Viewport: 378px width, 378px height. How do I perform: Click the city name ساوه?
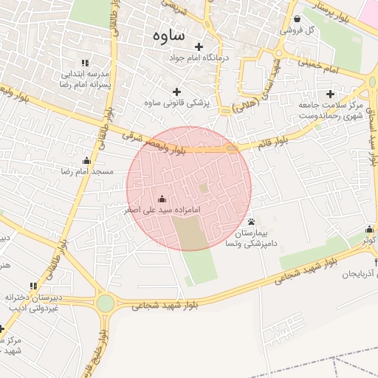pyautogui.click(x=170, y=35)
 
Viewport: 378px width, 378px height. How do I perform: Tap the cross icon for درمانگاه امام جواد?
pyautogui.click(x=198, y=47)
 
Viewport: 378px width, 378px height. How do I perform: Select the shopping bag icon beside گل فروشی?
pyautogui.click(x=297, y=19)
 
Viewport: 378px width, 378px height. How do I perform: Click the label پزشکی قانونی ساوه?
pyautogui.click(x=177, y=103)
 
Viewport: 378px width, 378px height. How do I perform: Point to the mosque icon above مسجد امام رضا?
pyautogui.click(x=87, y=160)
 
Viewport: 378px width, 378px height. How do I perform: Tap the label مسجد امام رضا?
pyautogui.click(x=87, y=171)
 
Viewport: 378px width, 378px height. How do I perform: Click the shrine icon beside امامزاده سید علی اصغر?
pyautogui.click(x=162, y=199)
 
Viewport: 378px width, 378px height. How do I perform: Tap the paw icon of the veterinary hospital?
pyautogui.click(x=252, y=221)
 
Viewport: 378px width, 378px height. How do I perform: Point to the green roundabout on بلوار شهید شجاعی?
pyautogui.click(x=106, y=303)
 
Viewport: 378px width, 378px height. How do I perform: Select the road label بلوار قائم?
pyautogui.click(x=272, y=142)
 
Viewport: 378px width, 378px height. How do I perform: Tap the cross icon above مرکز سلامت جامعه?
pyautogui.click(x=330, y=94)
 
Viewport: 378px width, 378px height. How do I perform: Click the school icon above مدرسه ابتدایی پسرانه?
pyautogui.click(x=85, y=63)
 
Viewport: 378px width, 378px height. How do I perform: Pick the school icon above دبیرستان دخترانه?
pyautogui.click(x=32, y=286)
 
